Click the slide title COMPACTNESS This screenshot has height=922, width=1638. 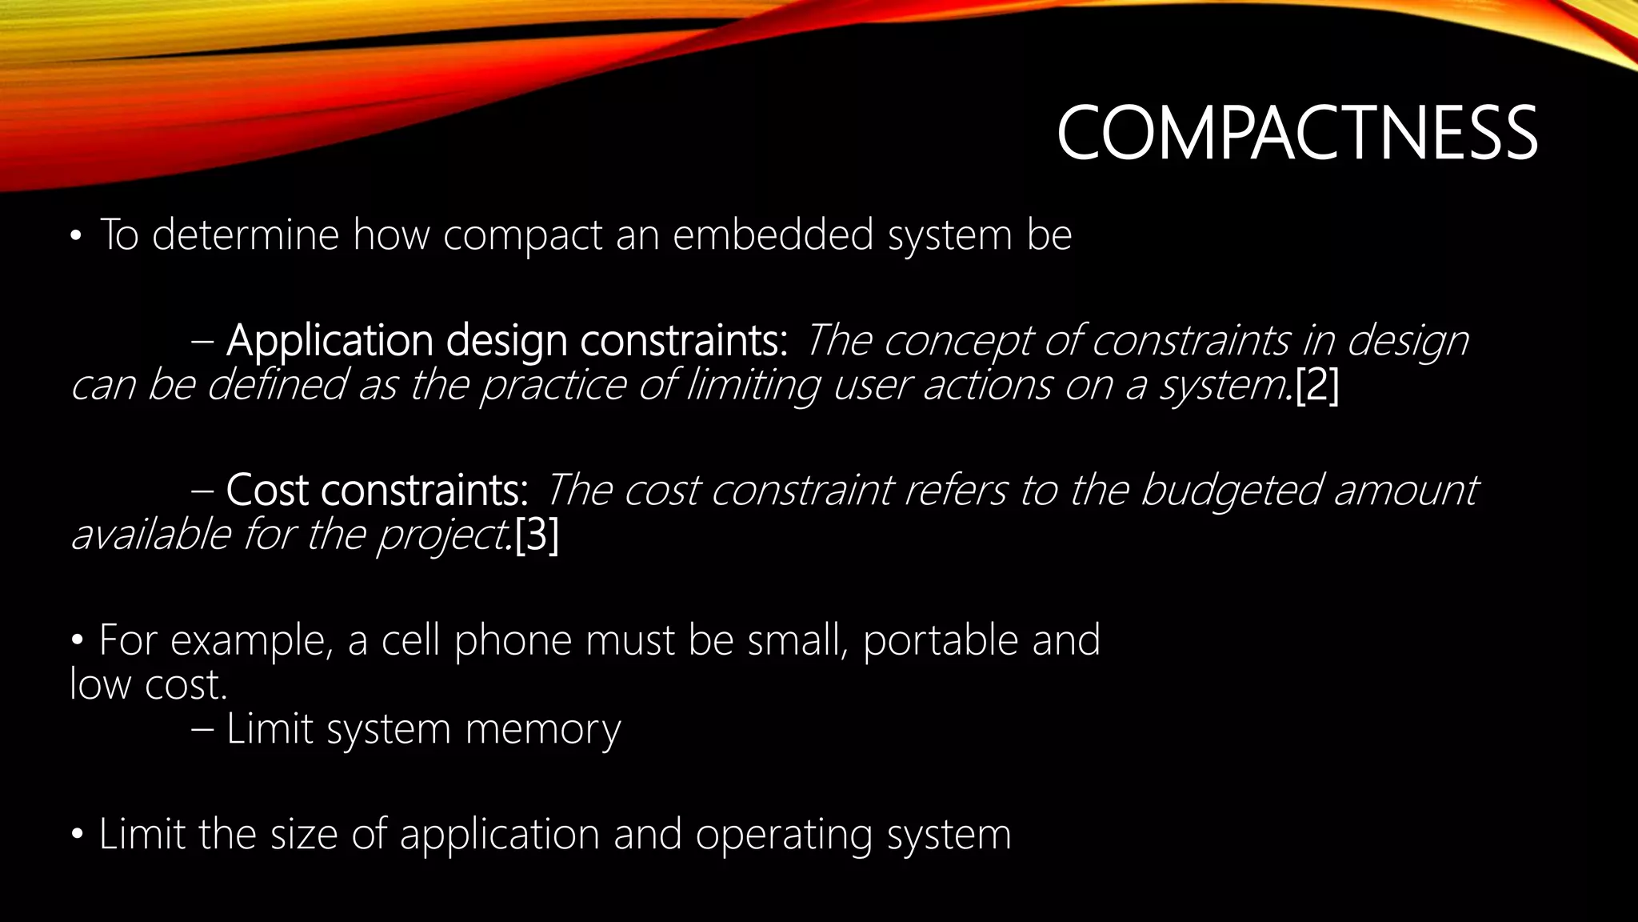[1296, 134]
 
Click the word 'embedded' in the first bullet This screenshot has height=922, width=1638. [773, 235]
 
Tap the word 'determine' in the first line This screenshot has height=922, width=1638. [246, 235]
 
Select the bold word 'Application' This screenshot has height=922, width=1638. [328, 342]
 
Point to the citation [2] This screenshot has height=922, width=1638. [1316, 386]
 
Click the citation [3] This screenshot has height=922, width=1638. [537, 535]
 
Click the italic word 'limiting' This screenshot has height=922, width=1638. [753, 386]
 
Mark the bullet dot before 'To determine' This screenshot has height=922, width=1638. [76, 237]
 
